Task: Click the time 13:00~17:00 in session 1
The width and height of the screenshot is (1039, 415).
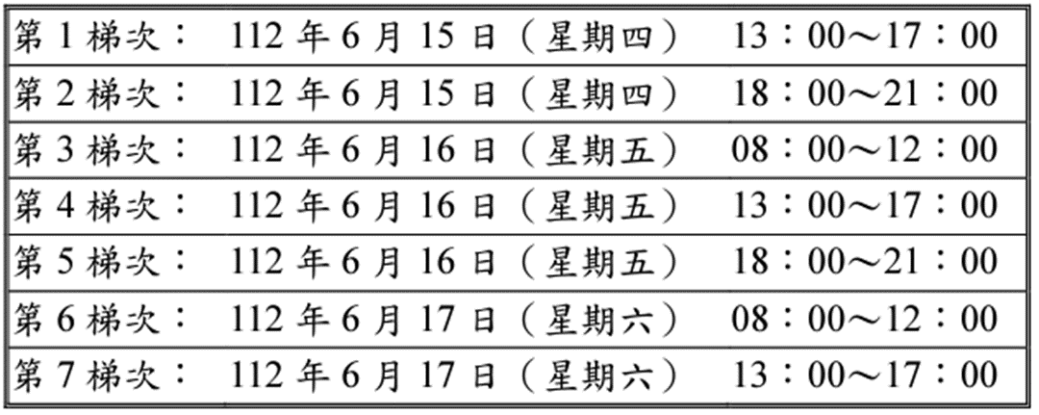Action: (864, 39)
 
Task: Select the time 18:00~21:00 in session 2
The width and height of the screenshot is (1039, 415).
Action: (864, 93)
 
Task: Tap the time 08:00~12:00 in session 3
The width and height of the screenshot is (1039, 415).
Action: (864, 149)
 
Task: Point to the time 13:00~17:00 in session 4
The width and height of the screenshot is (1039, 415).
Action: (864, 205)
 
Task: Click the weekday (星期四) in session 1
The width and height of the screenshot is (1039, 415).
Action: (605, 39)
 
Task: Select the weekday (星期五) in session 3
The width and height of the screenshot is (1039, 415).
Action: (605, 149)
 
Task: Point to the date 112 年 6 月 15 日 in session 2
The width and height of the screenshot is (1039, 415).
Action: (365, 93)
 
